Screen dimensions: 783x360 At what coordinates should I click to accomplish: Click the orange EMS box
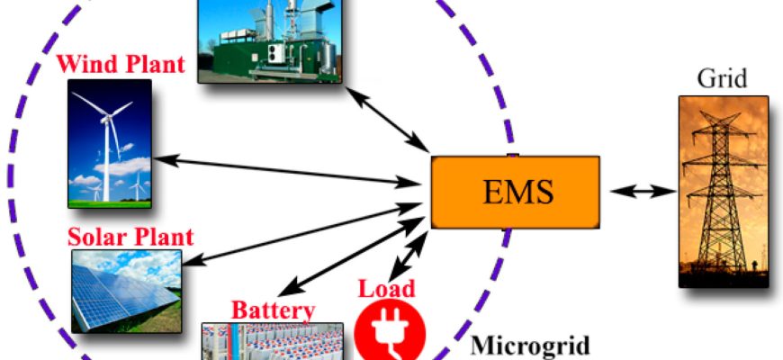pos(516,193)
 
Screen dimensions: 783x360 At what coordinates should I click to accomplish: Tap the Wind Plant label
pos(121,64)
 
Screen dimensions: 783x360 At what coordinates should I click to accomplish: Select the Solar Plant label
pos(130,237)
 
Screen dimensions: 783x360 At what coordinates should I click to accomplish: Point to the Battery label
pos(274,310)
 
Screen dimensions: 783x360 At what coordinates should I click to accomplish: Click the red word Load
pos(387,289)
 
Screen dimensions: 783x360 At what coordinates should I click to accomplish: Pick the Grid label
pos(722,78)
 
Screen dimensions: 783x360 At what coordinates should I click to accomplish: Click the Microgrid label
pos(530,346)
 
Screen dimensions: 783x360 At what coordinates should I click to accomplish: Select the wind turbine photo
pos(110,144)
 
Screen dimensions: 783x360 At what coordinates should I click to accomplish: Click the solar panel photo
pos(127,291)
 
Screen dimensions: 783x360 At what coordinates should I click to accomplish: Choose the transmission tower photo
pos(724,192)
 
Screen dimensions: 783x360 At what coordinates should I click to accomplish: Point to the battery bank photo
pos(273,341)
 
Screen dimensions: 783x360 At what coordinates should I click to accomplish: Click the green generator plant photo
pos(270,40)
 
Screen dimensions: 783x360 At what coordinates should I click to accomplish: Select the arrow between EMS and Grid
pos(643,191)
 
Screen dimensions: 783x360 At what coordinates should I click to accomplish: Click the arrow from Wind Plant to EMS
pos(286,171)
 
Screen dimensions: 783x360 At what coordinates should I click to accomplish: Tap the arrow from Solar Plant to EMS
pos(303,234)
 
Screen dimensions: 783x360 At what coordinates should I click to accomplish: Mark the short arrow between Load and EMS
pos(409,256)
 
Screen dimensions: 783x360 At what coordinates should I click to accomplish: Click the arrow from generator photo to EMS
pos(387,120)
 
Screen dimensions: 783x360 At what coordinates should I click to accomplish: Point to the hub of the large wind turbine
pos(106,119)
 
